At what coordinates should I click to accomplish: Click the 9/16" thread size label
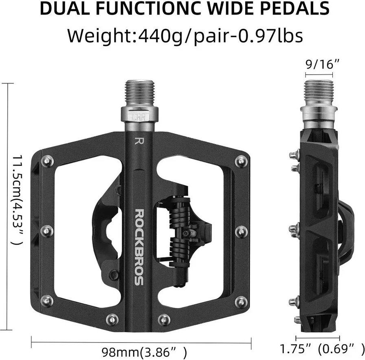pyautogui.click(x=319, y=64)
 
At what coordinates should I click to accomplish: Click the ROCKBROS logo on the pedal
pyautogui.click(x=139, y=247)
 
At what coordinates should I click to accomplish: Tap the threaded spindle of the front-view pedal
pyautogui.click(x=139, y=94)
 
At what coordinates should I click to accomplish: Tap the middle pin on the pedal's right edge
pyautogui.click(x=241, y=231)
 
